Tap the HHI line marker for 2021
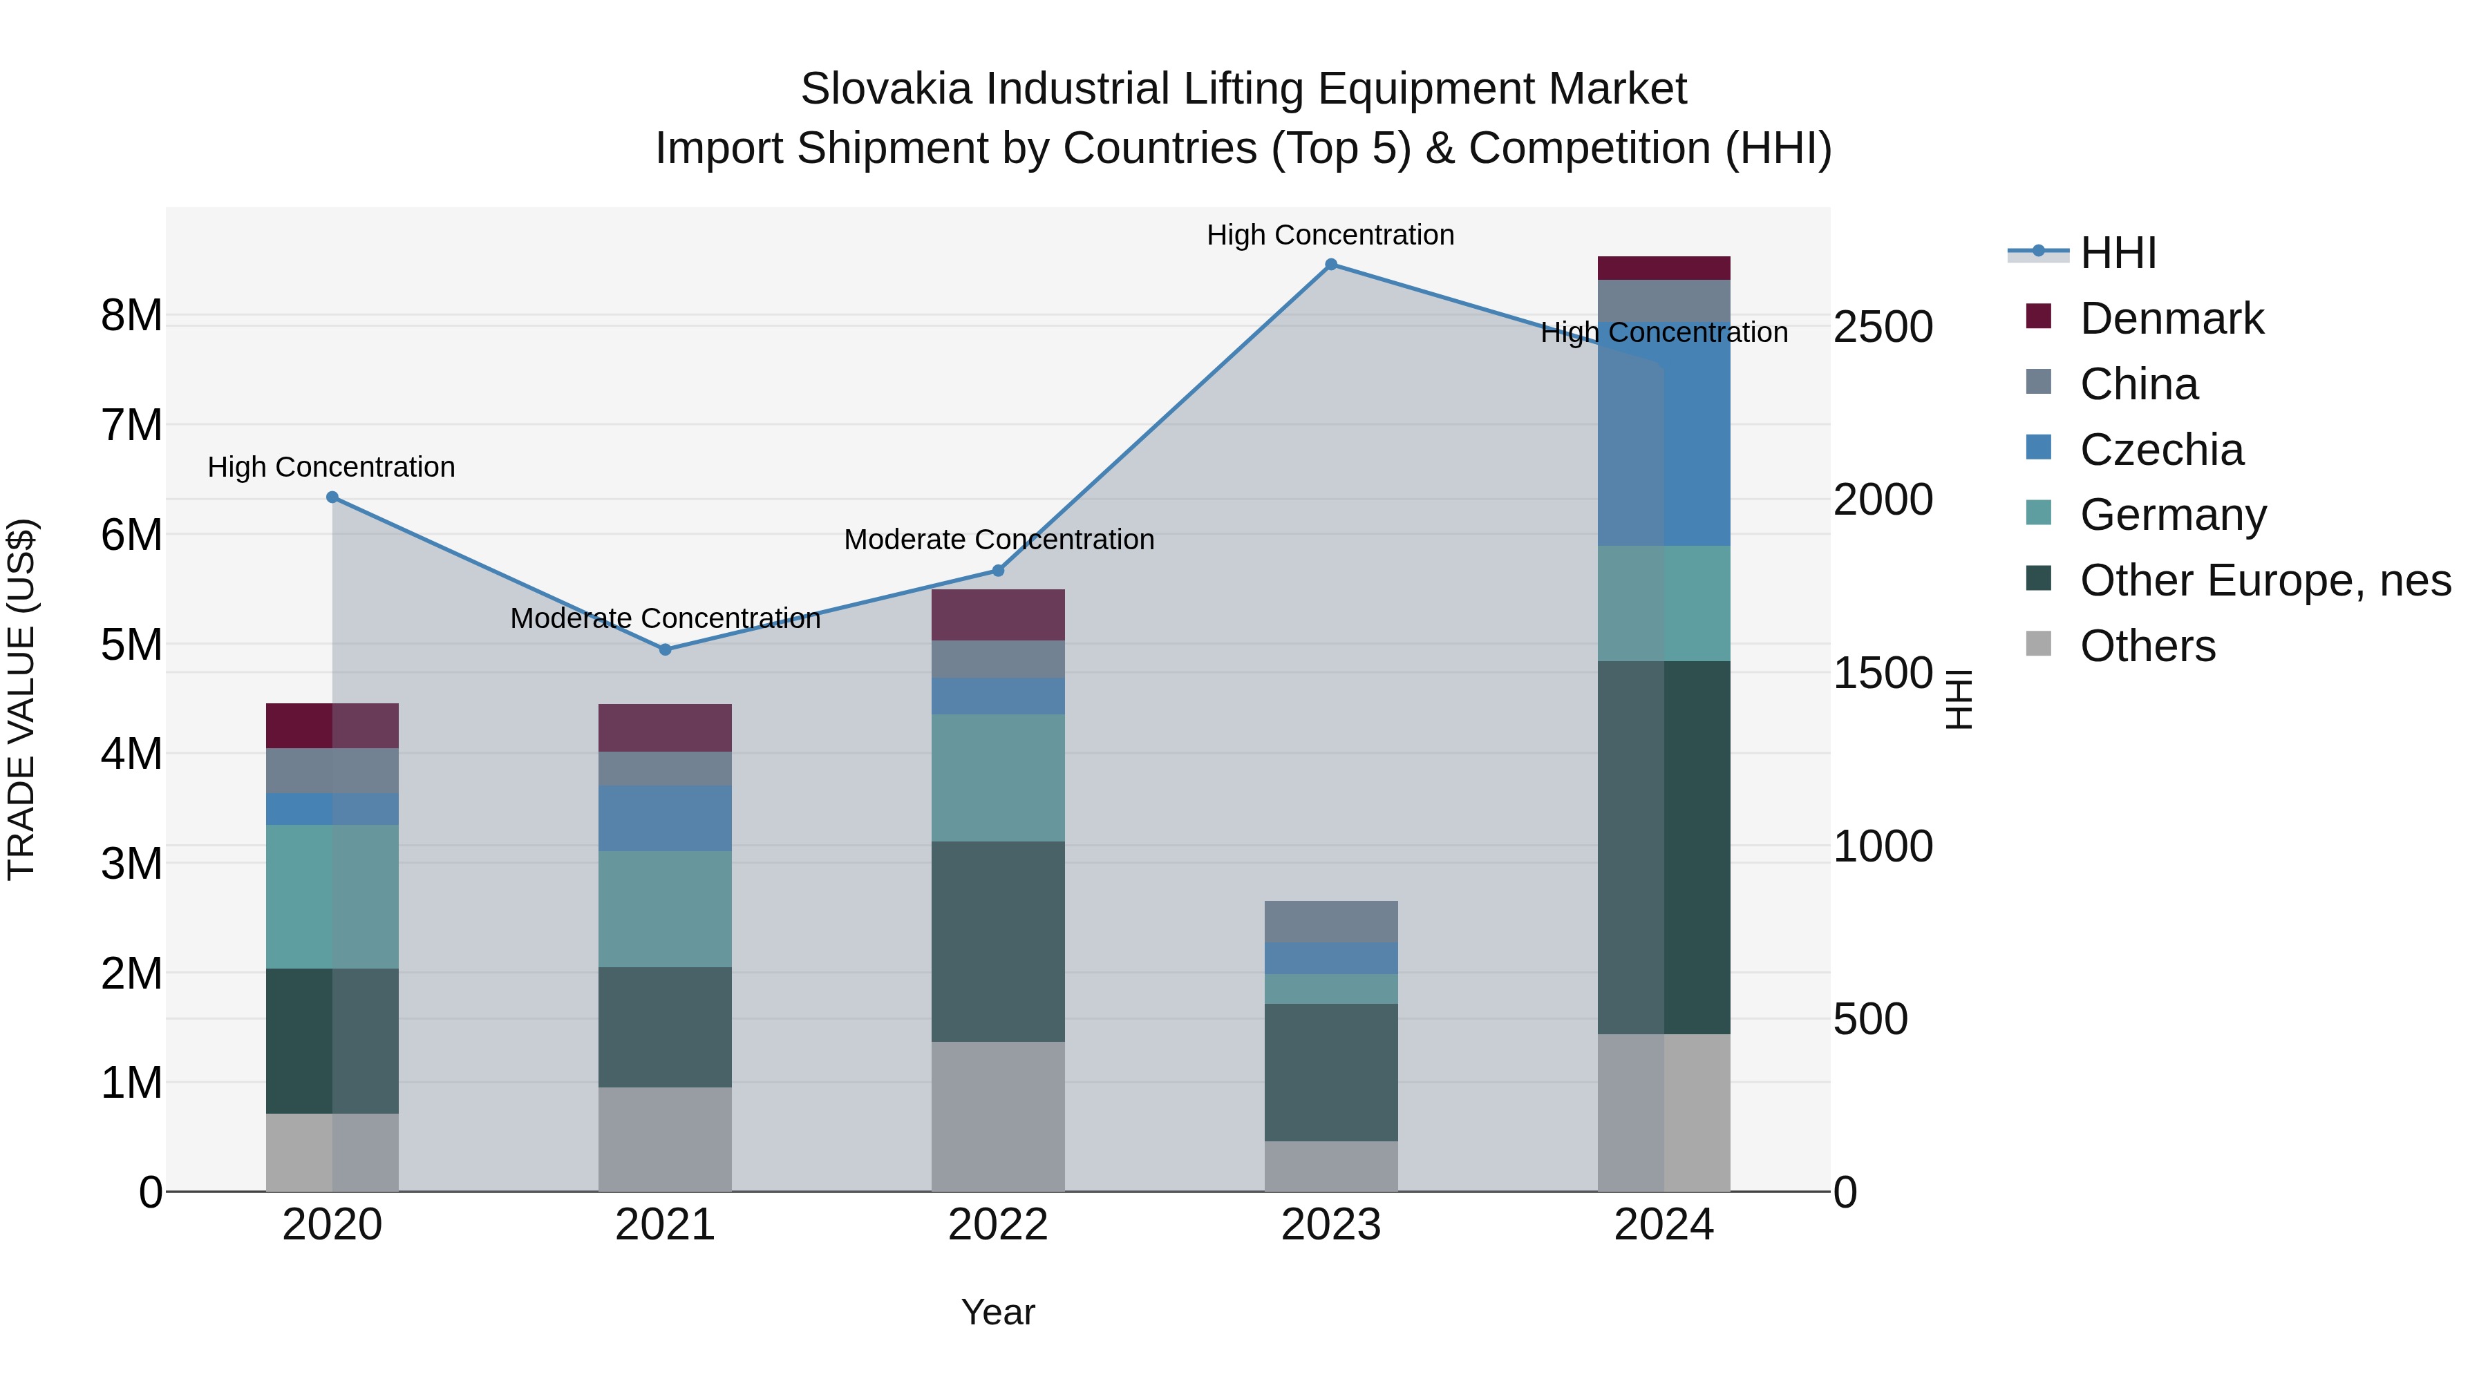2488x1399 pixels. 664,650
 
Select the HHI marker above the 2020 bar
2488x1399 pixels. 332,497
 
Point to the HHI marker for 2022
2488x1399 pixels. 998,571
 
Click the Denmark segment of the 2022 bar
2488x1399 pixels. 998,615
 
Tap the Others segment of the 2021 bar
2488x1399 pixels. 664,1139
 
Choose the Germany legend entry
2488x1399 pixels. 2172,515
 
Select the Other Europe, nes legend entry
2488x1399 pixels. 2264,580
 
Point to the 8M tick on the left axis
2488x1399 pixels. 131,316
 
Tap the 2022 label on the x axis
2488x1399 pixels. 998,1225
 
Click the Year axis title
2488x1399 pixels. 998,1312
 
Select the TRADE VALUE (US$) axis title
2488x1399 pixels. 21,700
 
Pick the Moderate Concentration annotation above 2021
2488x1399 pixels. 664,618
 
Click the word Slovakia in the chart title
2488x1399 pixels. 885,89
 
